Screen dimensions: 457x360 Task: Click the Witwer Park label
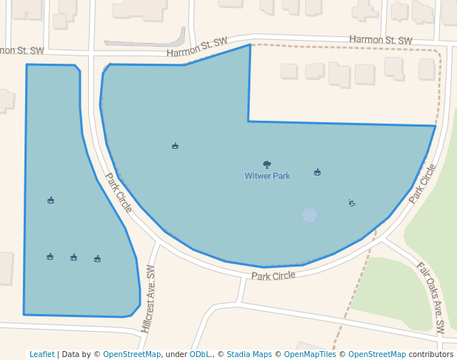tap(267, 176)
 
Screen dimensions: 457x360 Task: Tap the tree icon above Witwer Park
tap(267, 164)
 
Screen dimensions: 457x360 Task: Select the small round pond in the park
tap(310, 215)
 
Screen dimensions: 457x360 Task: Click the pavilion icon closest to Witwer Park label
tap(318, 172)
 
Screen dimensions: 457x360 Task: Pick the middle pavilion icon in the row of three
tap(74, 257)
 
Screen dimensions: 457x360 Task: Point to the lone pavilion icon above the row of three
tap(50, 200)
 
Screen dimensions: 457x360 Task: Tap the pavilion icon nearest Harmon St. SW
tap(175, 146)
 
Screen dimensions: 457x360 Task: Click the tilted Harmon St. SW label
tap(196, 47)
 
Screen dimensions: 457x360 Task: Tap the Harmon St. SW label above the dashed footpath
tap(380, 39)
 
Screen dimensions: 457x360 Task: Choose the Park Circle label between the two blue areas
tap(119, 193)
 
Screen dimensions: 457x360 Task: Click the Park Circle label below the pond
tap(273, 276)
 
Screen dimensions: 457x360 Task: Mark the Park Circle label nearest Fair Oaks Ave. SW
tap(423, 184)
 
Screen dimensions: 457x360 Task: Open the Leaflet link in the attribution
tap(41, 354)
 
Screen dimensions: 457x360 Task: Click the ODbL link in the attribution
tap(199, 354)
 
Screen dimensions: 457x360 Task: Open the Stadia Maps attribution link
tap(249, 354)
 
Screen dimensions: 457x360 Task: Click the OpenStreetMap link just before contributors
tap(377, 354)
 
